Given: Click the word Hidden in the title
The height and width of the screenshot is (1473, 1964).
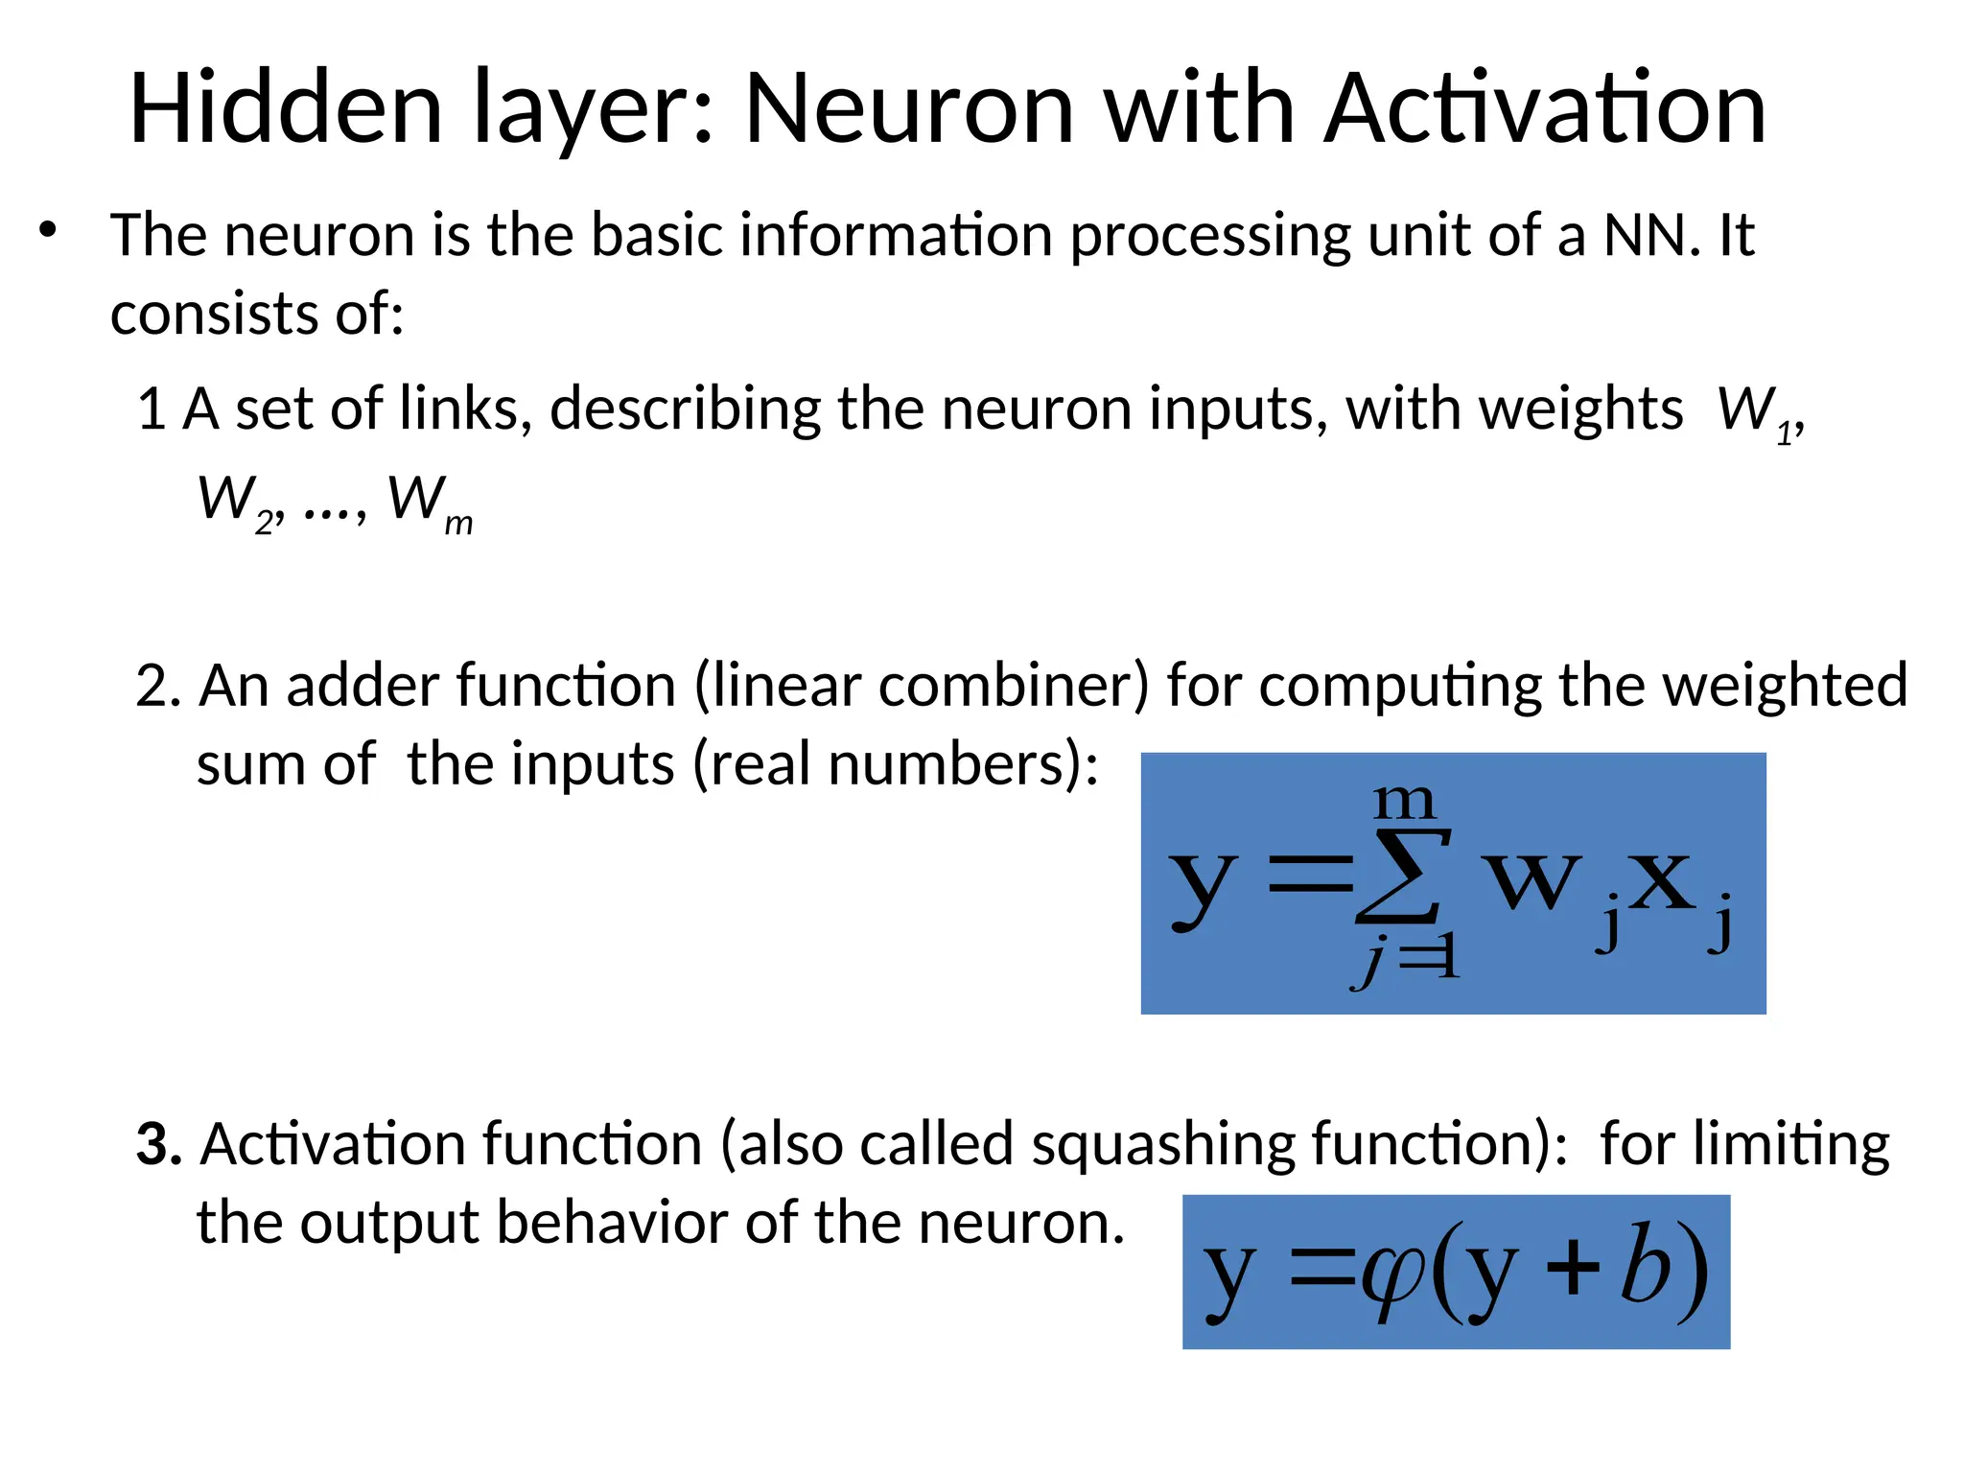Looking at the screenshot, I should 286,108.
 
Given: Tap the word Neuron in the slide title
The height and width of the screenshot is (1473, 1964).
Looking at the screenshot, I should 908,108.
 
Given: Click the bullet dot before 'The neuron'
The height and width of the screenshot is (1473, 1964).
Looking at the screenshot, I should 48,231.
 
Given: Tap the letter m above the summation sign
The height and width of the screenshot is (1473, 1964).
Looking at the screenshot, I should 1404,801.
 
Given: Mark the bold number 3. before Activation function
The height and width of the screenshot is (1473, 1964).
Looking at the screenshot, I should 158,1143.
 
